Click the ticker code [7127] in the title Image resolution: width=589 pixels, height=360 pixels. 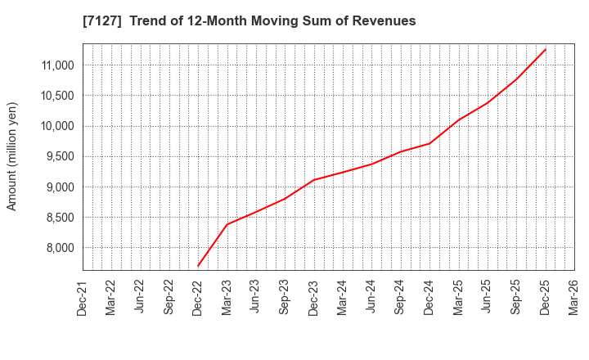100,20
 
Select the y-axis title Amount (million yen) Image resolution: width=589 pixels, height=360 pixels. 12,156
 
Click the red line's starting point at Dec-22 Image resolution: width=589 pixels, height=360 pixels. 198,266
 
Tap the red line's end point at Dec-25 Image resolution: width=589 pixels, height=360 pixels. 546,49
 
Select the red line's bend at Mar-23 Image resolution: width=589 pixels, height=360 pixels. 227,224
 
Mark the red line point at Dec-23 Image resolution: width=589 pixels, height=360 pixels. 314,180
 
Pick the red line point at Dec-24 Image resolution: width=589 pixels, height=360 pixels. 429,143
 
